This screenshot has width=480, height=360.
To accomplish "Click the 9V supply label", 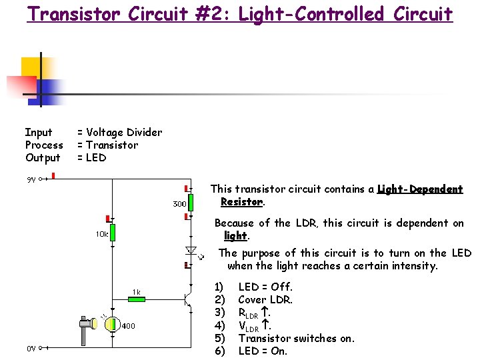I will (31, 179).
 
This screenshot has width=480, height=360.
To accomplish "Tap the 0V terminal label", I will (31, 348).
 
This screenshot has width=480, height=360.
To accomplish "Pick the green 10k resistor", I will (113, 232).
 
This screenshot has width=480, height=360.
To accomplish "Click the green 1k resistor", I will (136, 299).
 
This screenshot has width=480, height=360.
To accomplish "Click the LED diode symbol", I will (189, 251).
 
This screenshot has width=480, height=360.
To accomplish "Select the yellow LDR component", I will (109, 325).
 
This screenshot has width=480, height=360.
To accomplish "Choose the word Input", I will (39, 133).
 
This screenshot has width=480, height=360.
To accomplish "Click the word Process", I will (44, 145).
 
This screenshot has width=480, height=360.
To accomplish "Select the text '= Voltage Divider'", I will (119, 133).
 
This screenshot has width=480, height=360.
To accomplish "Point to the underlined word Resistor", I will (242, 201).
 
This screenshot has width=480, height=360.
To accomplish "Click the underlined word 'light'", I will (235, 236).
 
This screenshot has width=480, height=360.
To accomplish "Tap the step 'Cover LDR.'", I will (265, 300).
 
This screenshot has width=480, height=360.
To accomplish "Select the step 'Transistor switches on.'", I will (296, 338).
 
